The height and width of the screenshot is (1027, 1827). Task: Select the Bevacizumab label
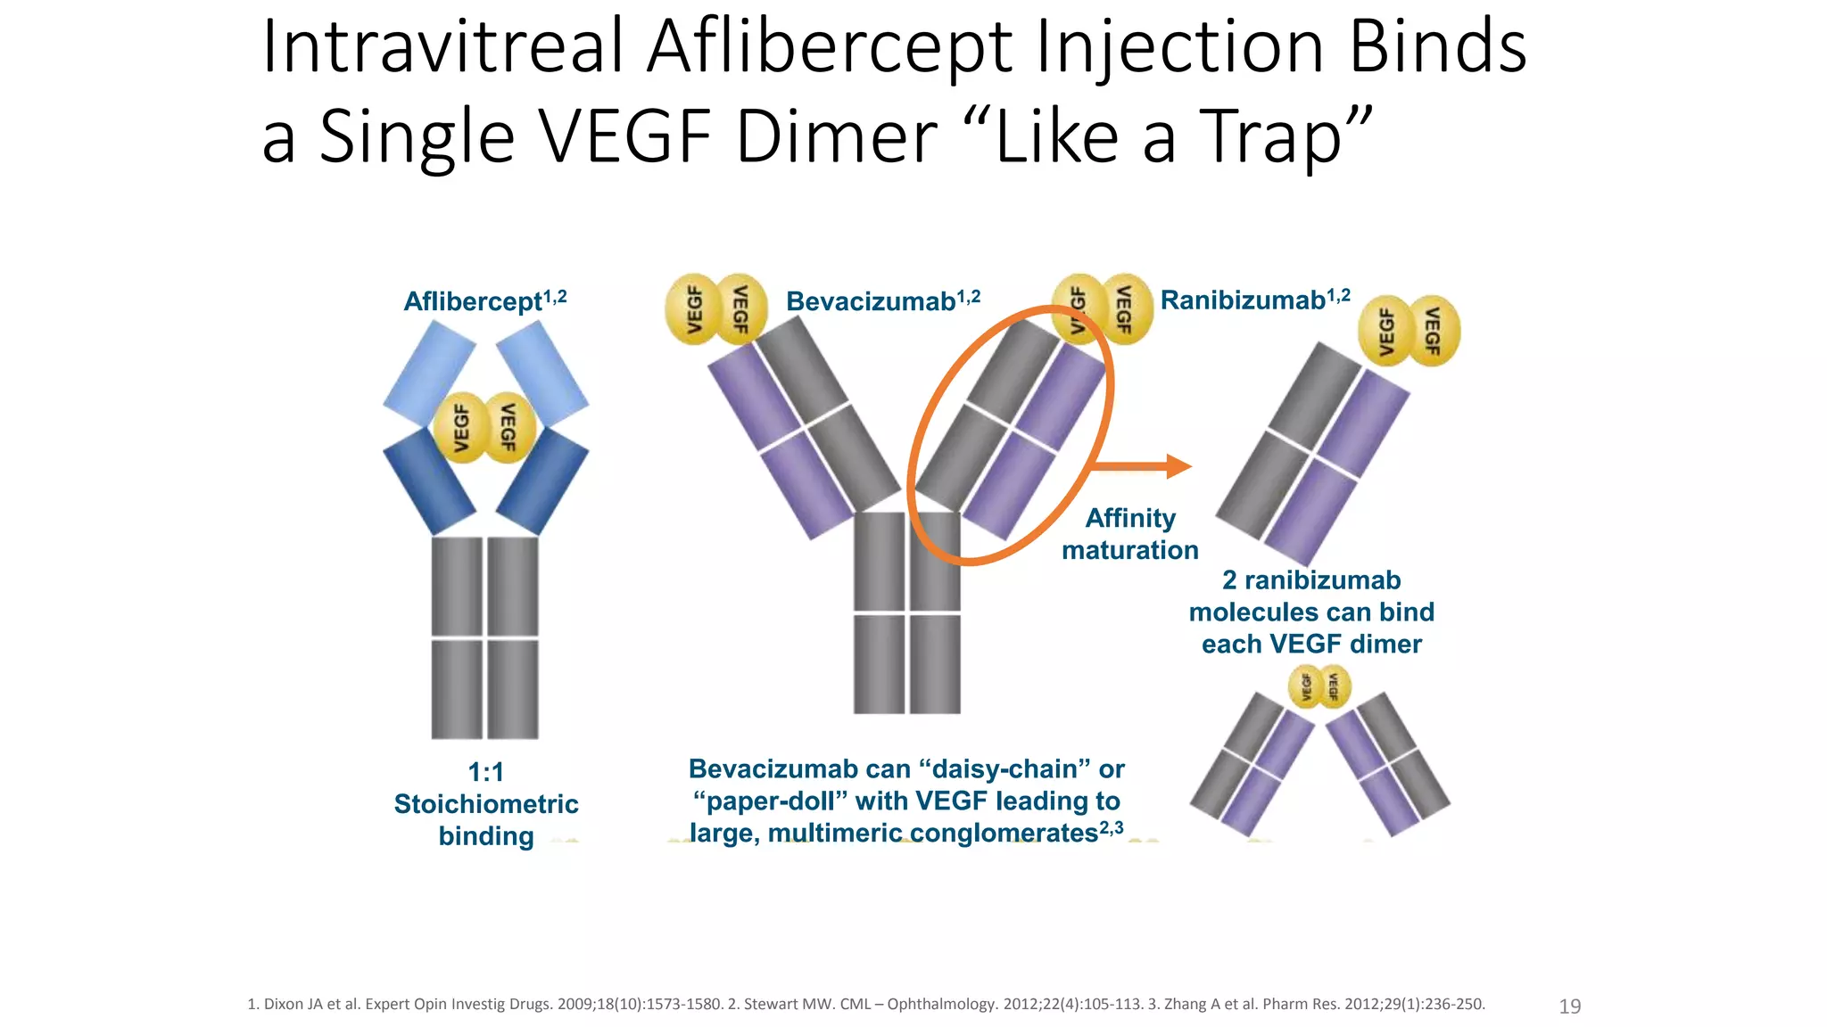pyautogui.click(x=871, y=301)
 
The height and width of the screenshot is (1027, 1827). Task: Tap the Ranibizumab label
pyautogui.click(x=1243, y=300)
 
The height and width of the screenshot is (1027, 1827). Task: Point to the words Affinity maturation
pyautogui.click(x=1129, y=534)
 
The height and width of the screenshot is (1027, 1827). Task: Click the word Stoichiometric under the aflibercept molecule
pyautogui.click(x=486, y=804)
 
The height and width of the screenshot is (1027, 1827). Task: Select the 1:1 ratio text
pyautogui.click(x=486, y=772)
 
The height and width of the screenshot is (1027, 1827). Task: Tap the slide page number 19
pyautogui.click(x=1569, y=1006)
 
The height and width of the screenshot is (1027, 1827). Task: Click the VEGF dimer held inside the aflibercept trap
pyautogui.click(x=484, y=427)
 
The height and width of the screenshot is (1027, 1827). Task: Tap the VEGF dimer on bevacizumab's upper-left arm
pyautogui.click(x=715, y=308)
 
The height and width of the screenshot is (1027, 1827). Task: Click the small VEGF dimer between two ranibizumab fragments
pyautogui.click(x=1319, y=687)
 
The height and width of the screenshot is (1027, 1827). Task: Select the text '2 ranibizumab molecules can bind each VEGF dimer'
pyautogui.click(x=1311, y=612)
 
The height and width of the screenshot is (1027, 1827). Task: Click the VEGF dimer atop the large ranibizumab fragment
pyautogui.click(x=1409, y=331)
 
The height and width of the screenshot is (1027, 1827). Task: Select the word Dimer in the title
pyautogui.click(x=837, y=136)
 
